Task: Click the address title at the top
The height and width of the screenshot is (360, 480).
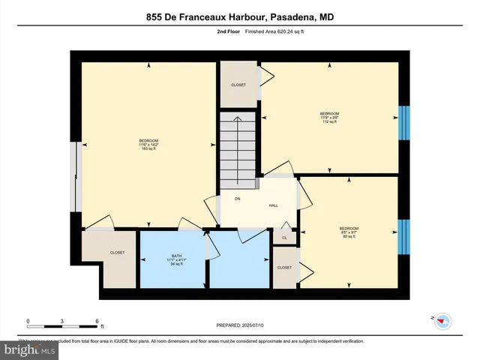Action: pos(240,15)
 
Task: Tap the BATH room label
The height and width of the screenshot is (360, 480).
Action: pos(176,259)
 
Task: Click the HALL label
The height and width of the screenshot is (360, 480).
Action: pos(274,205)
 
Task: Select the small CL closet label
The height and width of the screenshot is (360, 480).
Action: pos(284,238)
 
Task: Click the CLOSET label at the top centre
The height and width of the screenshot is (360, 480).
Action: pos(238,85)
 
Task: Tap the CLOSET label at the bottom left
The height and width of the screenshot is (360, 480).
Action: pos(118,253)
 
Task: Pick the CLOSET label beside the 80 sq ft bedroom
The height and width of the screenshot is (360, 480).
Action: pos(284,268)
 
